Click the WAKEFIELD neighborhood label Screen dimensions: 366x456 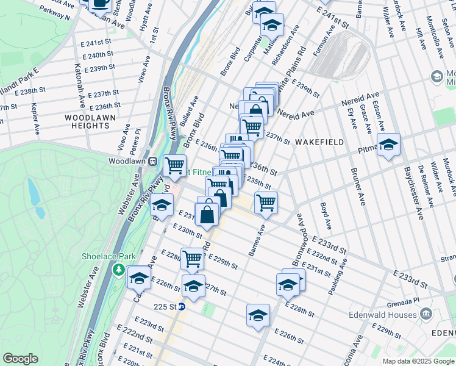(x=319, y=142)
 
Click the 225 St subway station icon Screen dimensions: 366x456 (x=181, y=307)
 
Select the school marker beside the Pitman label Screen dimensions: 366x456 (x=388, y=145)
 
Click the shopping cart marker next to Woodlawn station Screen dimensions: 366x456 (x=176, y=165)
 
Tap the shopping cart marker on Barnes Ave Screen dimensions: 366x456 (x=266, y=203)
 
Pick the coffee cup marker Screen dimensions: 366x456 (x=99, y=4)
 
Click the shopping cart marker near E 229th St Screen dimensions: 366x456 (x=193, y=259)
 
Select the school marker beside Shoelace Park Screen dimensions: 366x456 (x=139, y=278)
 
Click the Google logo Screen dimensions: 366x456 (x=20, y=359)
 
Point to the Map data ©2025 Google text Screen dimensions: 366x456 (x=417, y=361)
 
